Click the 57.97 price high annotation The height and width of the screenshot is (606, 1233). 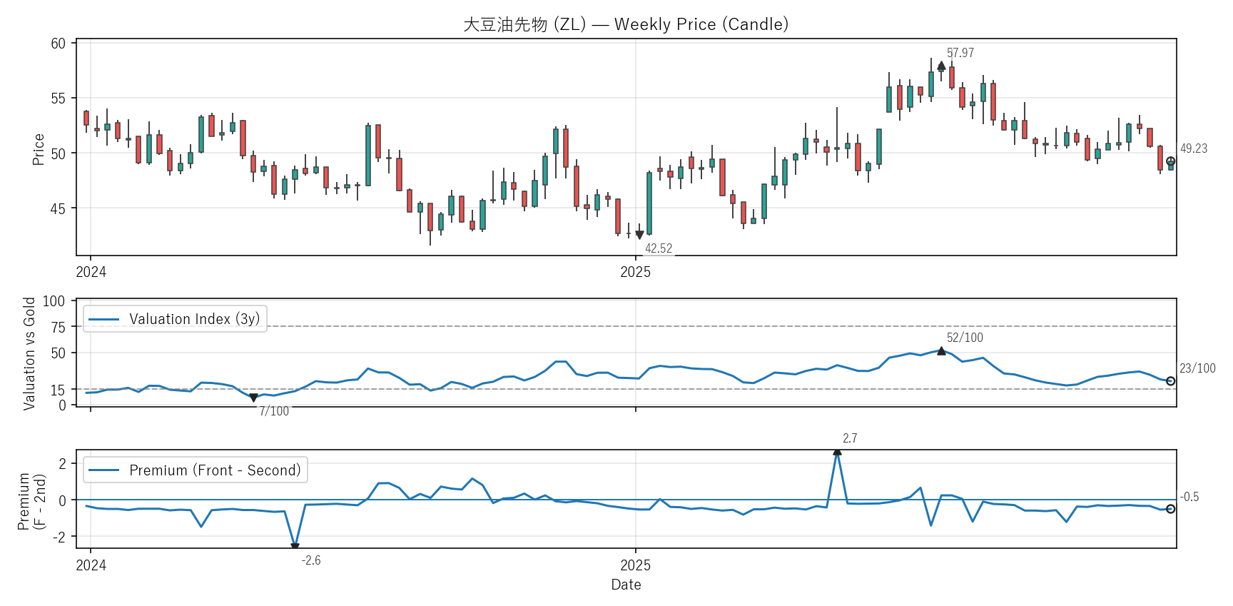(960, 53)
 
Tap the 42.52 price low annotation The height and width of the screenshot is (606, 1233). (658, 248)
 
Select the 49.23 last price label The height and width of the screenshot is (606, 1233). (1193, 148)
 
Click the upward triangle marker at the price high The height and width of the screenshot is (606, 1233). (941, 66)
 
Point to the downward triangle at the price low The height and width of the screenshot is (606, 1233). (639, 235)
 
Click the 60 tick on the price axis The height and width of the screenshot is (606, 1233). (58, 44)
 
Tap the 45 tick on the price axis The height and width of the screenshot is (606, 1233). (58, 208)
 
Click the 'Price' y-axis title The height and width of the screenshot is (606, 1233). (39, 149)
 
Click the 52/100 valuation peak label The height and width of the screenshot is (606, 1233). (964, 338)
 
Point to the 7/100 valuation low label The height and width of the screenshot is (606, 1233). (274, 411)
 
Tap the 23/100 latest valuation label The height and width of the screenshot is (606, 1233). (1197, 368)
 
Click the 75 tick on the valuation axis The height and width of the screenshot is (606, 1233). (58, 327)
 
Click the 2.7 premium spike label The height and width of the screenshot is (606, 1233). (849, 438)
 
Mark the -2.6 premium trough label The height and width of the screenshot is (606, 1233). (310, 560)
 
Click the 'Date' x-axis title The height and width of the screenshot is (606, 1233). (626, 585)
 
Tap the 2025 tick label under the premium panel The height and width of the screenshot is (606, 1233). (635, 565)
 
